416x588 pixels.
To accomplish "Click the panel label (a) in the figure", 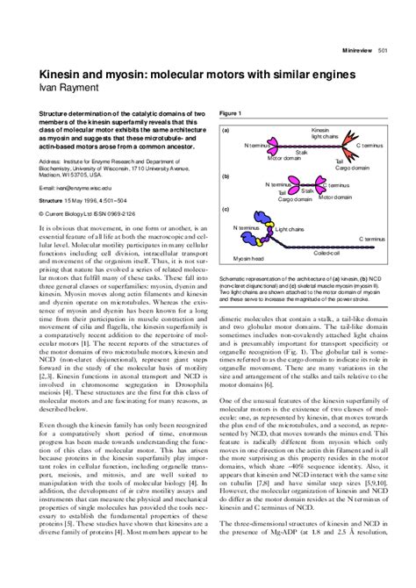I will [x=226, y=130].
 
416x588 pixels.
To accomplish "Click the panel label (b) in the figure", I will [x=226, y=176].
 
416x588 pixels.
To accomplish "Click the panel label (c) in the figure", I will [x=226, y=210].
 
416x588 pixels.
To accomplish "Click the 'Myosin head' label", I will [x=248, y=259].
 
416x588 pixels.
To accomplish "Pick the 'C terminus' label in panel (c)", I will [x=371, y=239].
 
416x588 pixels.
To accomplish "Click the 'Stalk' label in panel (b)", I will [x=308, y=190].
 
